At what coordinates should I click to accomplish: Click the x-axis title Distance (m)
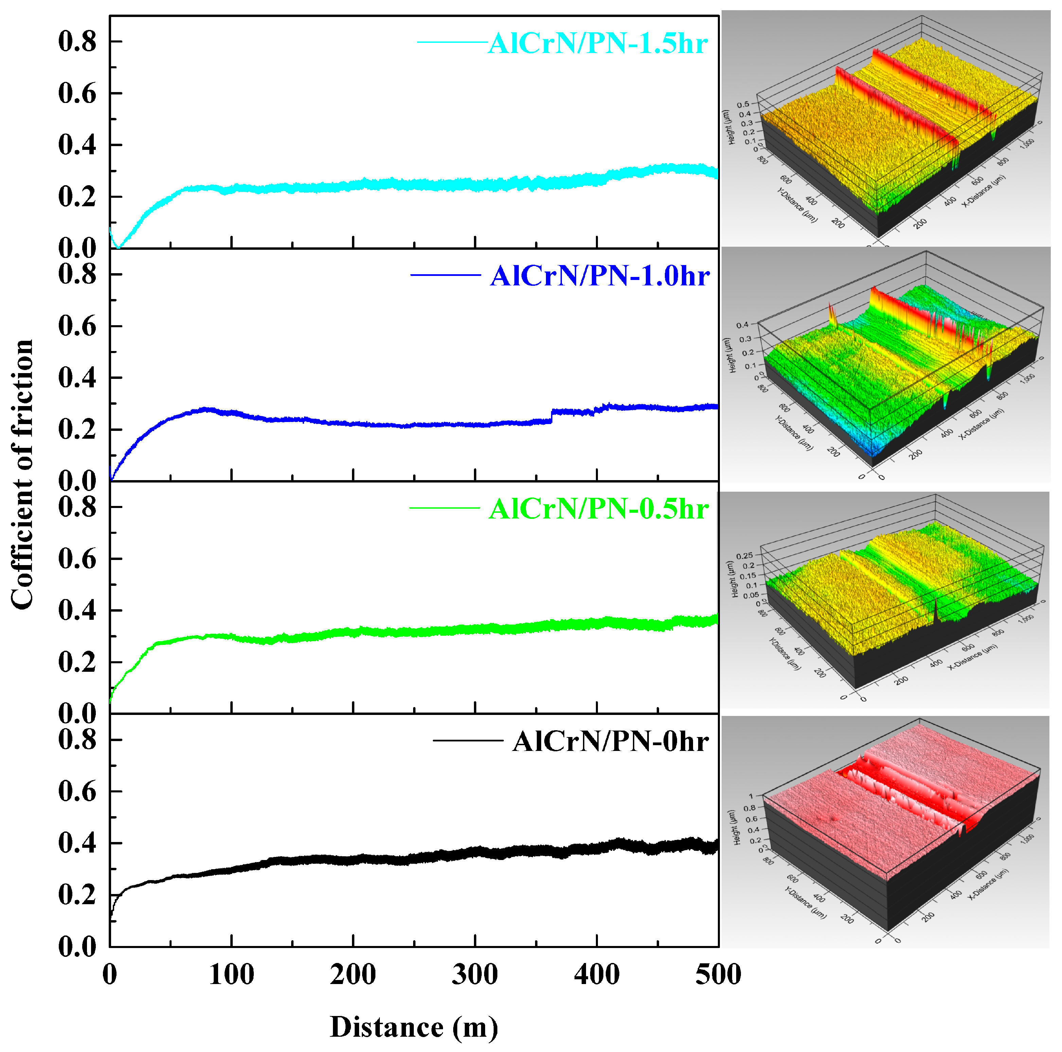click(413, 1012)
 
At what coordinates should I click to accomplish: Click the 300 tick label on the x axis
click(475, 975)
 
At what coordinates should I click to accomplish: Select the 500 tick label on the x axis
click(718, 975)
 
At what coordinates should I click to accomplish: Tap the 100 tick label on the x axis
click(231, 975)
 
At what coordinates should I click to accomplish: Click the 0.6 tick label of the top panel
click(77, 93)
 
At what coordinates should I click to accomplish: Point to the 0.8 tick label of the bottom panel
click(77, 740)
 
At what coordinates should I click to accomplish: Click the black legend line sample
click(467, 741)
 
